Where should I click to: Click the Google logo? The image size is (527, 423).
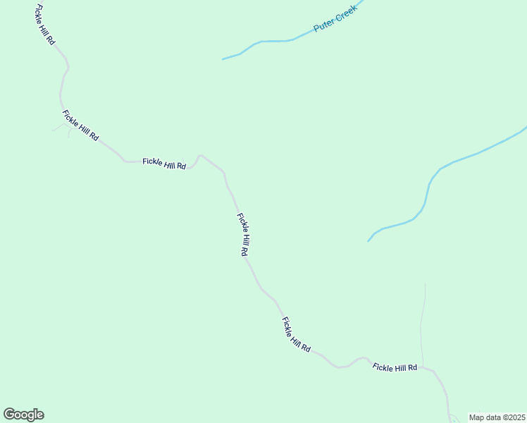[23, 415]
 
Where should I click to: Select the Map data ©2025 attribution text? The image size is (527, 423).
[497, 417]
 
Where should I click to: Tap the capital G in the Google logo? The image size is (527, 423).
[9, 414]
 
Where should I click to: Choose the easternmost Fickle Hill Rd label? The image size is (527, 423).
[395, 367]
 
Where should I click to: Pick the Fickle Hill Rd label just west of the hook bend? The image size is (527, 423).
[164, 163]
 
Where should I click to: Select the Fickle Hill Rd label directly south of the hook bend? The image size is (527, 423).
[243, 235]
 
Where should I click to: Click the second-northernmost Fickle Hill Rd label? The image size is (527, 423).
[80, 125]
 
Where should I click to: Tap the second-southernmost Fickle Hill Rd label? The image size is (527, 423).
[297, 335]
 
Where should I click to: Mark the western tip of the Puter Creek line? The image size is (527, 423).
[223, 59]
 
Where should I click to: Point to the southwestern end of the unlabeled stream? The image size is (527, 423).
[368, 241]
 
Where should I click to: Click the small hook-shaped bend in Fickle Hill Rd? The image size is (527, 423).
[200, 156]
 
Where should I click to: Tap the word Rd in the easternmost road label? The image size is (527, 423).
[412, 367]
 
